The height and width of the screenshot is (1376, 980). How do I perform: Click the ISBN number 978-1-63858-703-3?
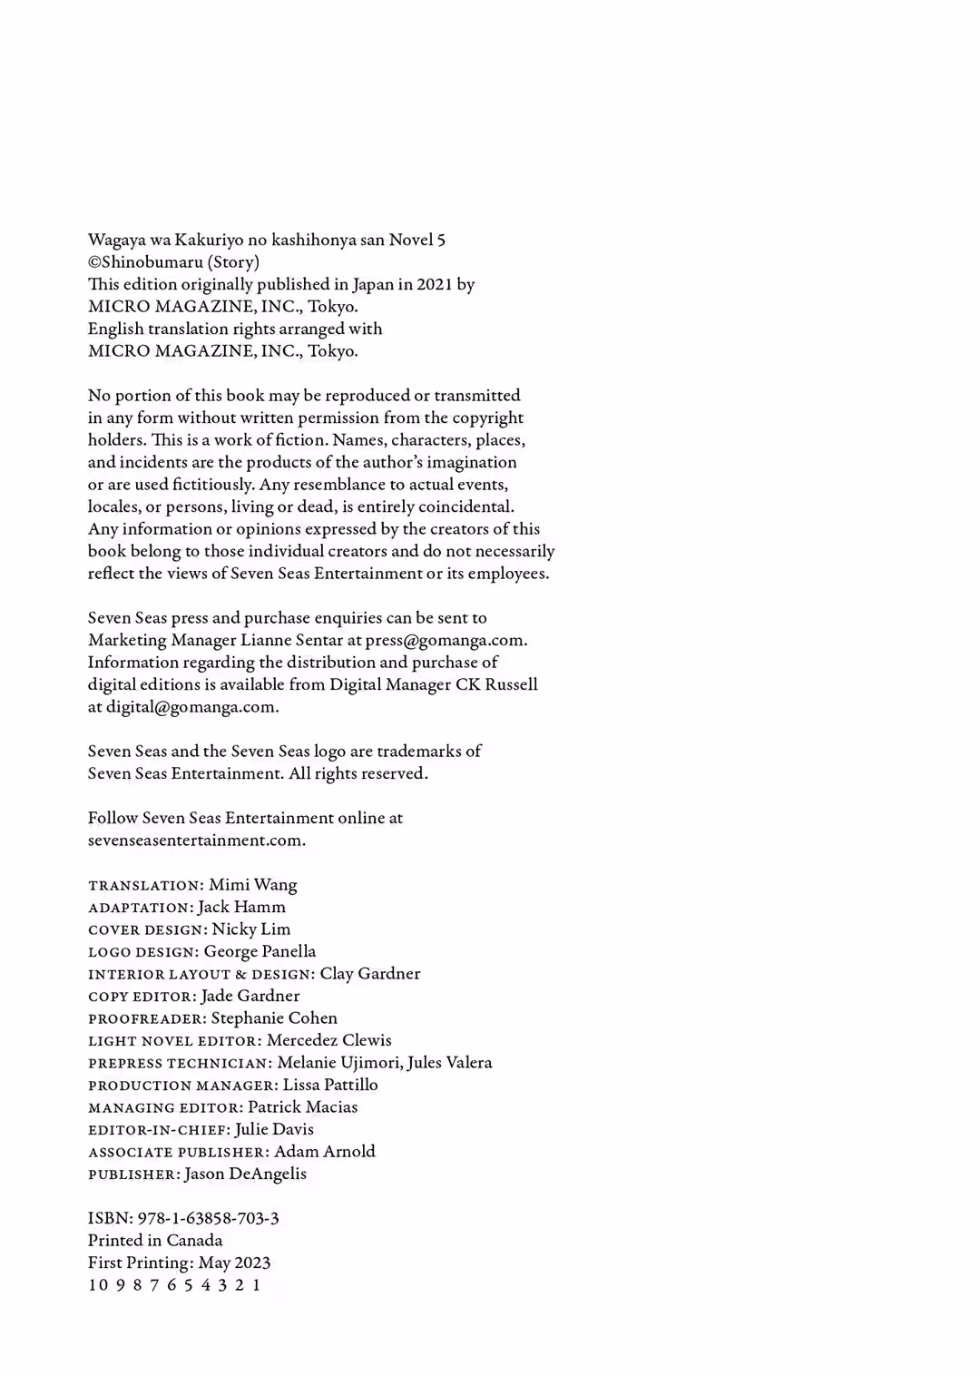pyautogui.click(x=208, y=1218)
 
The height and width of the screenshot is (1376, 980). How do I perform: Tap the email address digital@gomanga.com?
pyautogui.click(x=191, y=707)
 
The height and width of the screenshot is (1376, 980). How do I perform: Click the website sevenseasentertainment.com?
pyautogui.click(x=195, y=840)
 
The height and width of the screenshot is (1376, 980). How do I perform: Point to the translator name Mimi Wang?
pyautogui.click(x=252, y=885)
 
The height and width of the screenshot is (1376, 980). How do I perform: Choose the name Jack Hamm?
pyautogui.click(x=241, y=907)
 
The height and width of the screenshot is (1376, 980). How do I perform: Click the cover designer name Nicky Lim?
pyautogui.click(x=251, y=929)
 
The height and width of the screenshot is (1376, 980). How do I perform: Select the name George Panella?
pyautogui.click(x=260, y=951)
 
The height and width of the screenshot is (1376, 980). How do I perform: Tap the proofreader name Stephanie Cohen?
pyautogui.click(x=274, y=1018)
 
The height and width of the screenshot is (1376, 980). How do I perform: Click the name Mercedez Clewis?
pyautogui.click(x=328, y=1040)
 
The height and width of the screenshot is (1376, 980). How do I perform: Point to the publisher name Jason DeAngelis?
pyautogui.click(x=245, y=1174)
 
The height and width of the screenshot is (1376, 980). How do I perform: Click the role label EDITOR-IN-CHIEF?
pyautogui.click(x=158, y=1130)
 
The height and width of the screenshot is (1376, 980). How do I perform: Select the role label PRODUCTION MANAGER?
pyautogui.click(x=182, y=1086)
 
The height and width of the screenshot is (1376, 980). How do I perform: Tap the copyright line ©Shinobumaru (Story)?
pyautogui.click(x=173, y=262)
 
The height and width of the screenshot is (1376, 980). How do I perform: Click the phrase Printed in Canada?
pyautogui.click(x=155, y=1241)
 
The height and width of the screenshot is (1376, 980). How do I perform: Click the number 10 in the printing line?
pyautogui.click(x=97, y=1285)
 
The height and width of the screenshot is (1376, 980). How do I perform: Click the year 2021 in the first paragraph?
pyautogui.click(x=434, y=284)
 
